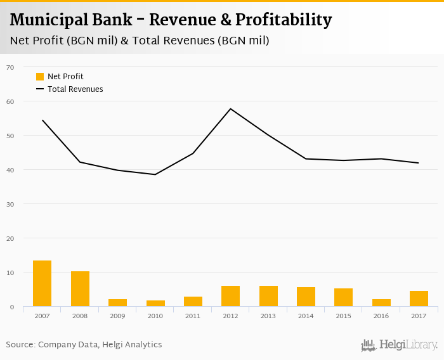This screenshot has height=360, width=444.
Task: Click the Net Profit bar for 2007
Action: pyautogui.click(x=42, y=284)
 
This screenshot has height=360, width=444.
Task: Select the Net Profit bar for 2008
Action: pyautogui.click(x=80, y=289)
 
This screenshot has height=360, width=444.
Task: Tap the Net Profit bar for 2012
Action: pyautogui.click(x=230, y=296)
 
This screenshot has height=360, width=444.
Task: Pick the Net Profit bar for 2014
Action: pyautogui.click(x=306, y=297)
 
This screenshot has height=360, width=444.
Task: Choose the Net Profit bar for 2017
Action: pyautogui.click(x=419, y=299)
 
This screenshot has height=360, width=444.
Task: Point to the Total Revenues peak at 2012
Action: pyautogui.click(x=230, y=108)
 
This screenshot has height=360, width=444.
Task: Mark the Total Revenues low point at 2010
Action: pyautogui.click(x=155, y=174)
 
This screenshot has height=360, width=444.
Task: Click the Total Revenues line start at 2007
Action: pyautogui.click(x=42, y=120)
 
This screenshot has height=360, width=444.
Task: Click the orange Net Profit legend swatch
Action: pyautogui.click(x=40, y=77)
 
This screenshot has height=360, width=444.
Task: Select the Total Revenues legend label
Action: pyautogui.click(x=75, y=89)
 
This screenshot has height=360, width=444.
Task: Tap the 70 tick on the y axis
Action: pyautogui.click(x=10, y=67)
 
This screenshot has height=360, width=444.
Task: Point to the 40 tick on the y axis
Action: pyautogui.click(x=10, y=170)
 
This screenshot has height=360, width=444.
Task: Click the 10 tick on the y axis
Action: pyautogui.click(x=10, y=273)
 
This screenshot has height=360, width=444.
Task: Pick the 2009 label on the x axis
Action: pyautogui.click(x=117, y=316)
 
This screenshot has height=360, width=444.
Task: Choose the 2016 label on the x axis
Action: pyautogui.click(x=381, y=316)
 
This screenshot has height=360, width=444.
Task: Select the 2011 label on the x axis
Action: pyautogui.click(x=193, y=316)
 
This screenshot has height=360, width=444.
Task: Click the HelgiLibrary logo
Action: pyautogui.click(x=399, y=345)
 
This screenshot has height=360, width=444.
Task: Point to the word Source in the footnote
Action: pyautogui.click(x=20, y=345)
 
